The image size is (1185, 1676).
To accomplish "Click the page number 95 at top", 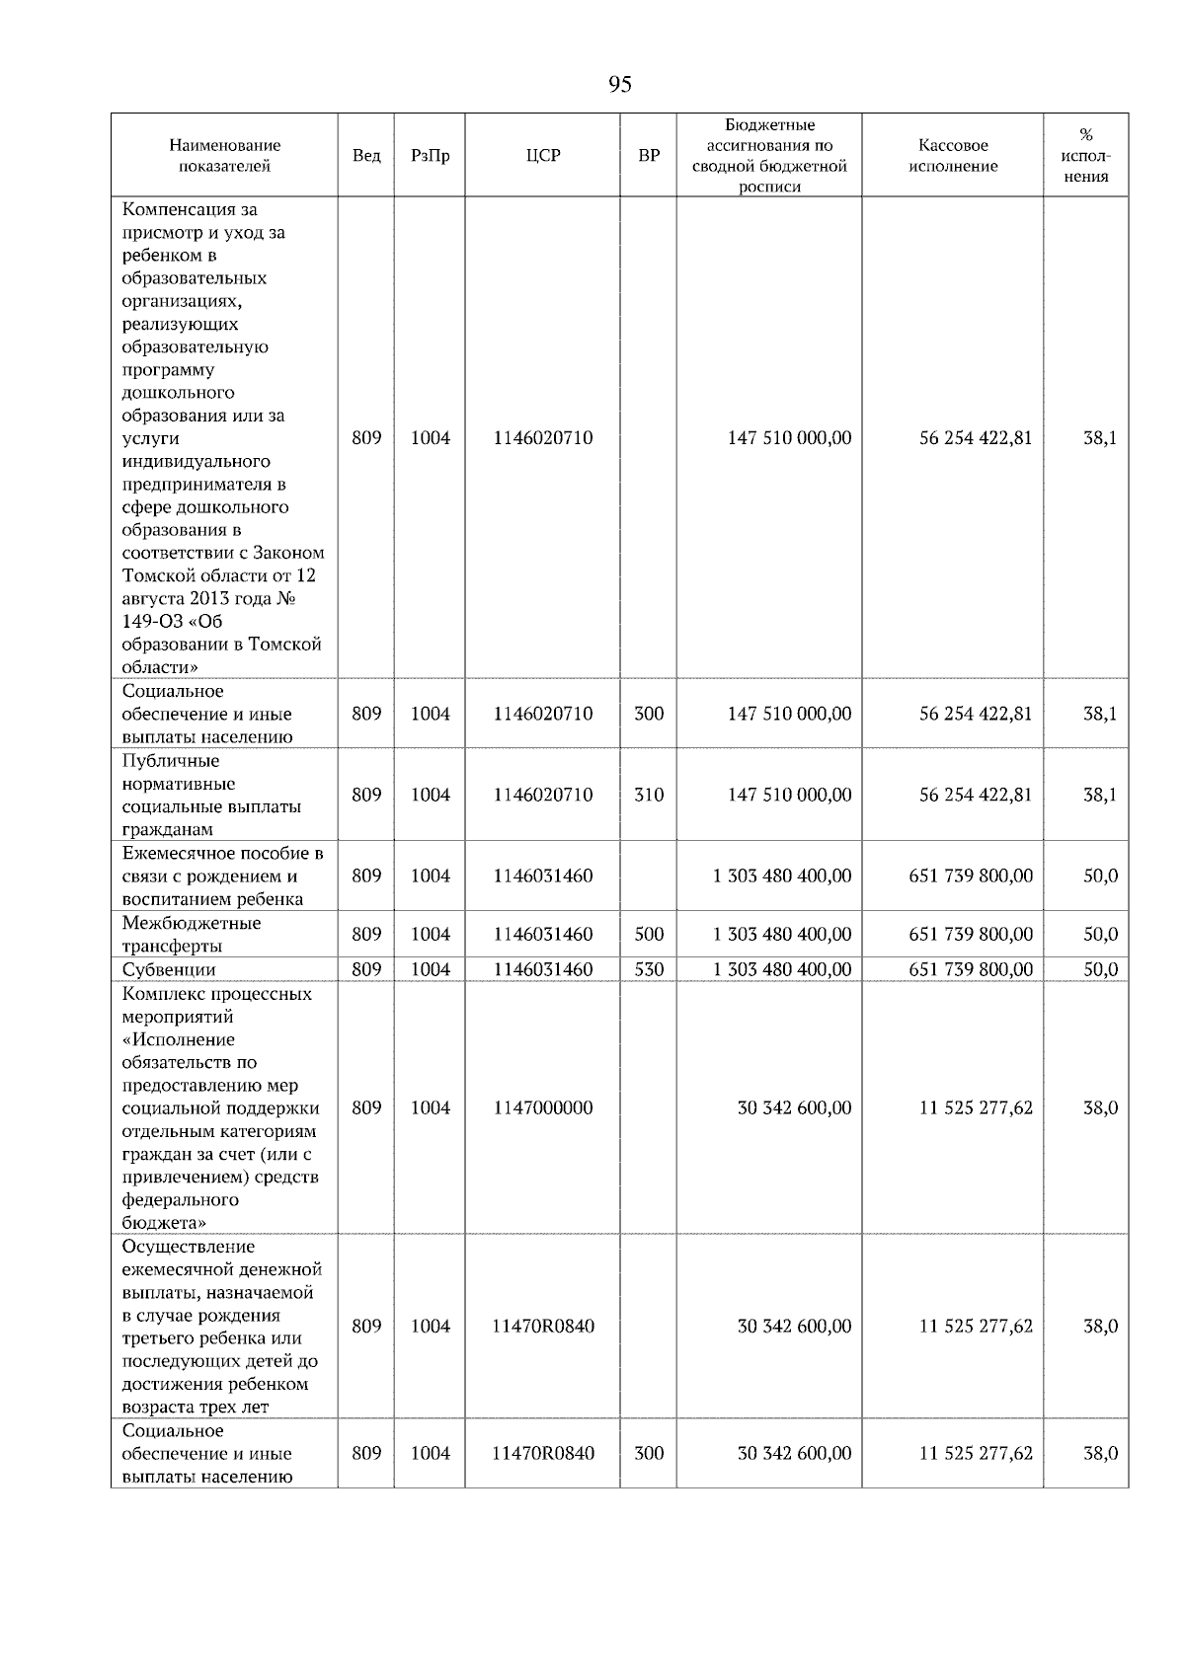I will pos(619,85).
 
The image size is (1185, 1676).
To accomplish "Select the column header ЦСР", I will pos(542,156).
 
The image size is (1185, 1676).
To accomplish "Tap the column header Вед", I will pos(366,156).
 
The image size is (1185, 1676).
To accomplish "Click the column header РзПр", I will pos(430,156).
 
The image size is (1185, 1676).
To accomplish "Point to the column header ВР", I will pos(649,156).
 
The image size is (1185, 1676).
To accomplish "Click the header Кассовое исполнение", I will pos(953,156).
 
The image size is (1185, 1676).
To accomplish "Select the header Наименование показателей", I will pos(224,156).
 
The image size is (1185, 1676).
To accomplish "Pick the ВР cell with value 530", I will pos(649,970).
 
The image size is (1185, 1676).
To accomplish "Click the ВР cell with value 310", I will pos(649,795).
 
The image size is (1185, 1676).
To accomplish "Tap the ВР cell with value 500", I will pos(649,934).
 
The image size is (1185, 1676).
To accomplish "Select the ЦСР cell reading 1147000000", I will pos(543,1107).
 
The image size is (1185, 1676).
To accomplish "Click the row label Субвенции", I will pos(169,970).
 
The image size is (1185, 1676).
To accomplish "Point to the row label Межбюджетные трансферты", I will pos(192,934).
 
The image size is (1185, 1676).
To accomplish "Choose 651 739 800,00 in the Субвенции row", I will pos(971,970).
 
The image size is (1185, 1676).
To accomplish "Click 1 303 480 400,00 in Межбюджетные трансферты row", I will pos(782,934).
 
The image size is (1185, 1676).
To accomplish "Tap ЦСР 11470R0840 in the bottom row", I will pos(543,1453).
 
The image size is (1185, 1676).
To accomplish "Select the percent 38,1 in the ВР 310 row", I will pos(1100,795).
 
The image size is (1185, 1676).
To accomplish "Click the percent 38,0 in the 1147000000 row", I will pos(1100,1107).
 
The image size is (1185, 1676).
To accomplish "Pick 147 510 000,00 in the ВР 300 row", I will pos(789,714).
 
